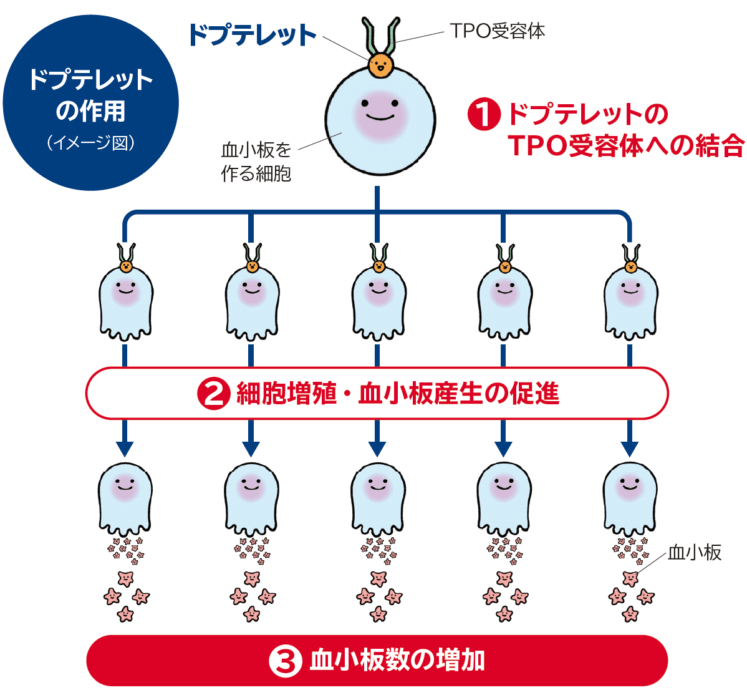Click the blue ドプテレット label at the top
point(252,35)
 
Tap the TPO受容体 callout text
point(497,31)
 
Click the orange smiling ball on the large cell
point(380,64)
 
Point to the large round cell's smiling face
point(380,110)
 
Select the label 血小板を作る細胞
point(256,162)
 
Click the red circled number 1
point(484,114)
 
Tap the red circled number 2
point(213,394)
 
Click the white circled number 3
point(285,661)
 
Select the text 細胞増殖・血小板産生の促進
point(398,394)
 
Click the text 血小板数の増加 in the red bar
point(397,661)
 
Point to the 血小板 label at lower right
point(694,552)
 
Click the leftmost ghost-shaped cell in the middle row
point(126,303)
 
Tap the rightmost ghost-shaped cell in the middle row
point(630,303)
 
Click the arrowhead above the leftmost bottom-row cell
point(125,449)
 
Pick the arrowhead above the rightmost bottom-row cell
point(630,449)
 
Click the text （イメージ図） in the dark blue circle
point(91,143)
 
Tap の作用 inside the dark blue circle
point(91,111)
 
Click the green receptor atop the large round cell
point(380,36)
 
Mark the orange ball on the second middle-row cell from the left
point(252,267)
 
